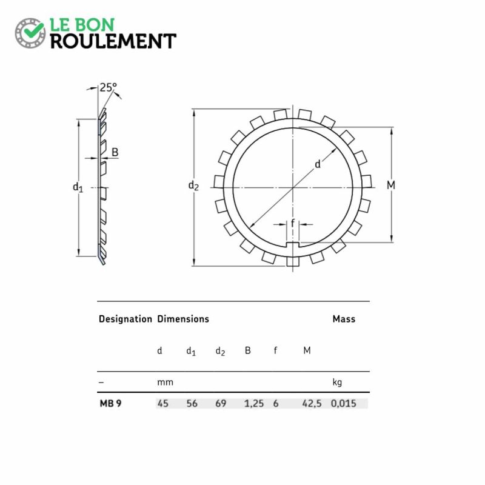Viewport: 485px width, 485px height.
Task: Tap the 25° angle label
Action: [108, 87]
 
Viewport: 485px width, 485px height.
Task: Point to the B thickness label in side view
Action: [115, 152]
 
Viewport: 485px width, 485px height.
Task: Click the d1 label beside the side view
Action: [78, 187]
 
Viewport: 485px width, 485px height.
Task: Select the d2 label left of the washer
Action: [193, 186]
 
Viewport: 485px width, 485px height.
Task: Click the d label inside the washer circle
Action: [317, 164]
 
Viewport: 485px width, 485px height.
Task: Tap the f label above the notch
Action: [293, 224]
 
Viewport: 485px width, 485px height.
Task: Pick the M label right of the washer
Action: [391, 185]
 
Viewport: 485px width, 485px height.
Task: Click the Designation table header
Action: [125, 319]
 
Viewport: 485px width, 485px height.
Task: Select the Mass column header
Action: [344, 319]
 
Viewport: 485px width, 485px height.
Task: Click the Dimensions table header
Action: [183, 319]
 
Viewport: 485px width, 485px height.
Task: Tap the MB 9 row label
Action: [110, 403]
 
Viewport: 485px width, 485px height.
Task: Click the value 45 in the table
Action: [162, 403]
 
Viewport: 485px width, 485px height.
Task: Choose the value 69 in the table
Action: [221, 403]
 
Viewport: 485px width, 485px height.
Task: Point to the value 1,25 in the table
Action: [253, 403]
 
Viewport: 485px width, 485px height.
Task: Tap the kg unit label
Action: [338, 383]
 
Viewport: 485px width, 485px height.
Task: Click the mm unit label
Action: [165, 383]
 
